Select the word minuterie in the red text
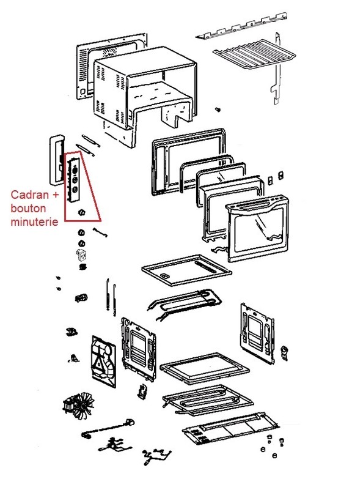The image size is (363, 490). (x=34, y=221)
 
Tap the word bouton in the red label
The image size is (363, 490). (x=28, y=208)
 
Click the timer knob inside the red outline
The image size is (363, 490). (x=81, y=212)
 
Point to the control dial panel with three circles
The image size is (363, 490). (x=73, y=180)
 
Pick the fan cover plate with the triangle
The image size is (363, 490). (x=104, y=362)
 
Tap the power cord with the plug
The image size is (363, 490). (x=108, y=428)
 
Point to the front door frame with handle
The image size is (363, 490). (x=257, y=228)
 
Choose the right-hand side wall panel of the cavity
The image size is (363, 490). (x=257, y=333)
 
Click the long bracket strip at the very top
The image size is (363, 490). (x=241, y=26)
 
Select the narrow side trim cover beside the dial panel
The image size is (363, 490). (x=56, y=160)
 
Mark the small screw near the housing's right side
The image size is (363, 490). (x=218, y=110)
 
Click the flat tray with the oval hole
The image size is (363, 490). (x=186, y=270)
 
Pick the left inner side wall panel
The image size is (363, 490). (x=139, y=349)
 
